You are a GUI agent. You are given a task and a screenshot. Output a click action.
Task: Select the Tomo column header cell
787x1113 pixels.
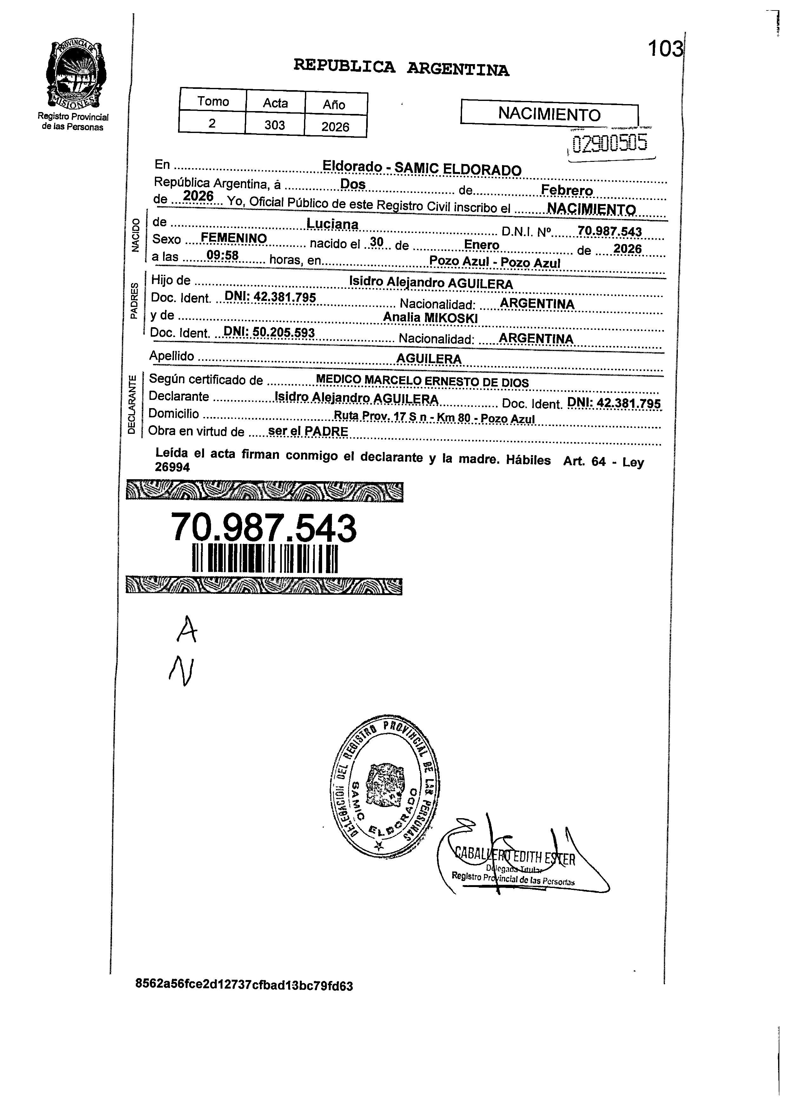click(213, 101)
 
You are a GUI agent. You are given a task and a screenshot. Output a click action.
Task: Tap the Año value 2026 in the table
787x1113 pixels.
click(335, 127)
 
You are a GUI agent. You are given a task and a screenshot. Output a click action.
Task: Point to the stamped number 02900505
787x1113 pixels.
click(609, 143)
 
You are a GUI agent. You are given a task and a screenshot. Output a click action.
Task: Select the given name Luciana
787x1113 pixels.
click(333, 224)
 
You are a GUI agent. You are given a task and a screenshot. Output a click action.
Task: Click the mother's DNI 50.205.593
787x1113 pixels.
click(269, 333)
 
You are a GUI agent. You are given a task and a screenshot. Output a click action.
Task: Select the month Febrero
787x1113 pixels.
click(566, 190)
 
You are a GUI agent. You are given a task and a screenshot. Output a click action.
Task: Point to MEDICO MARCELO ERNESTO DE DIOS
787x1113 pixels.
click(422, 381)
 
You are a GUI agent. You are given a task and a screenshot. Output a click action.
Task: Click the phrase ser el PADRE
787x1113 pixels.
click(308, 431)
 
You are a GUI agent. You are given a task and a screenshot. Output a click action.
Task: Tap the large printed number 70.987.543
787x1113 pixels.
click(264, 528)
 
